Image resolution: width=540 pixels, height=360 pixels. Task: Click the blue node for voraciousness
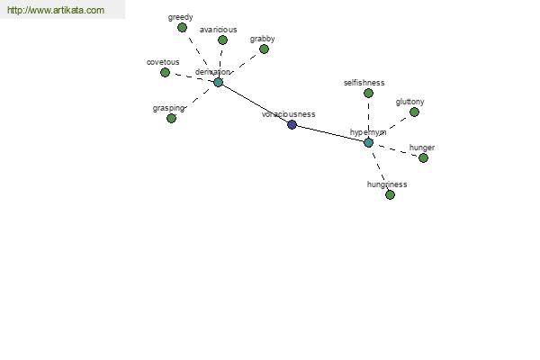[292, 124]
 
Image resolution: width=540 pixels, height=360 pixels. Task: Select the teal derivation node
[218, 82]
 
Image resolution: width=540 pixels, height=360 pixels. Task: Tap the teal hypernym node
[368, 142]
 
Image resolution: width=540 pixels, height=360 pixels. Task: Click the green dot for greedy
[182, 28]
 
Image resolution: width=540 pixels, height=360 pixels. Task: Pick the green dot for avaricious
[222, 40]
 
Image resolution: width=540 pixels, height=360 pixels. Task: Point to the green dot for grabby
[264, 49]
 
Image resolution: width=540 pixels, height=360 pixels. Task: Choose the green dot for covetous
[165, 72]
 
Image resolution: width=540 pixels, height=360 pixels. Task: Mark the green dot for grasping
[171, 118]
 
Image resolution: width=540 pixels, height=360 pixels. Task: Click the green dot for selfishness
[368, 93]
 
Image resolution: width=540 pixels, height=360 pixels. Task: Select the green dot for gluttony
[414, 112]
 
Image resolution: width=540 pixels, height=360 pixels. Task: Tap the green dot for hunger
[423, 157]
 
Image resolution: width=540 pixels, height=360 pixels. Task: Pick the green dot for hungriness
[390, 194]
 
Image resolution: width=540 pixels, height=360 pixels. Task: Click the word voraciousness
[288, 114]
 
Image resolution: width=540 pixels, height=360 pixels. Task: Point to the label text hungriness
[387, 184]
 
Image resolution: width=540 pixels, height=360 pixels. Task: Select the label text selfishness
[364, 83]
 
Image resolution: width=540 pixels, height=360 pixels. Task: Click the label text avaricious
[219, 30]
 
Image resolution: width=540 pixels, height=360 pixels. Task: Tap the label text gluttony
[409, 102]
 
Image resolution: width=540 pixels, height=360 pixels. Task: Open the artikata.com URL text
[56, 11]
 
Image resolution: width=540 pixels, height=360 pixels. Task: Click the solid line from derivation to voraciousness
[255, 103]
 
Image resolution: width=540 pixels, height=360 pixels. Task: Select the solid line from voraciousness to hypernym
[329, 133]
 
